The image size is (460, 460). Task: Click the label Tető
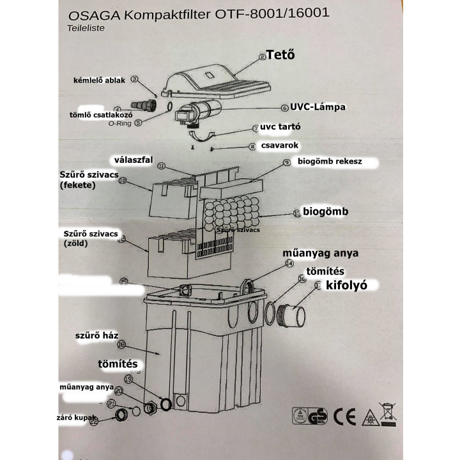click(284, 55)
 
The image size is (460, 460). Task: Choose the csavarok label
click(280, 146)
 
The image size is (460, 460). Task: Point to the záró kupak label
click(72, 418)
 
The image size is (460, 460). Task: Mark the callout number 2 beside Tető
click(262, 57)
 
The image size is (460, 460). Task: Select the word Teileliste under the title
click(86, 28)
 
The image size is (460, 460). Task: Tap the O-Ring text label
click(119, 123)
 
